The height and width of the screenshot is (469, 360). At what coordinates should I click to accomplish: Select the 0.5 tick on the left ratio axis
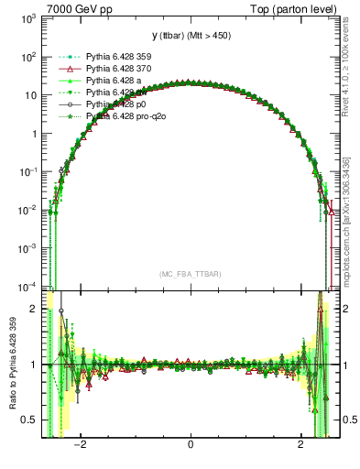coord(31,420)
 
